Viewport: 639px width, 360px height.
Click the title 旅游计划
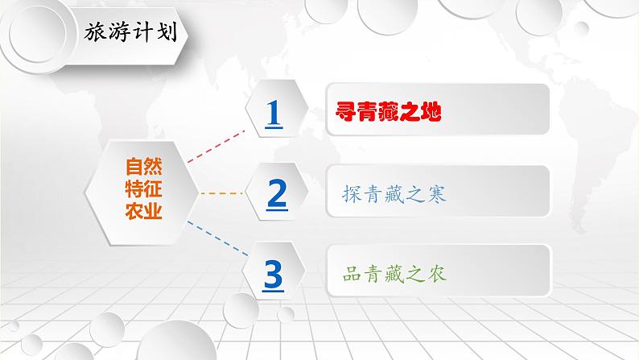[x=131, y=35]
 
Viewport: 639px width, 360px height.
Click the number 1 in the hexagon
[x=274, y=114]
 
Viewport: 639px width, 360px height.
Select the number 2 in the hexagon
[x=276, y=193]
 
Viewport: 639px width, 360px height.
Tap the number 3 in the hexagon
[x=274, y=274]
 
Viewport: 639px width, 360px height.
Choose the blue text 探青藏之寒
[x=394, y=194]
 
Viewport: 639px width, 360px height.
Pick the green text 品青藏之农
[x=394, y=274]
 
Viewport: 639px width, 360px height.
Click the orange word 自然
[x=142, y=168]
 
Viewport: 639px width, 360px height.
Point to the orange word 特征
[x=142, y=190]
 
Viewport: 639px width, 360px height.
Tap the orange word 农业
[x=142, y=212]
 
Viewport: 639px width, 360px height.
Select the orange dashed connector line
[x=220, y=193]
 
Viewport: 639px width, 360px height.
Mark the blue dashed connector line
[x=216, y=237]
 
